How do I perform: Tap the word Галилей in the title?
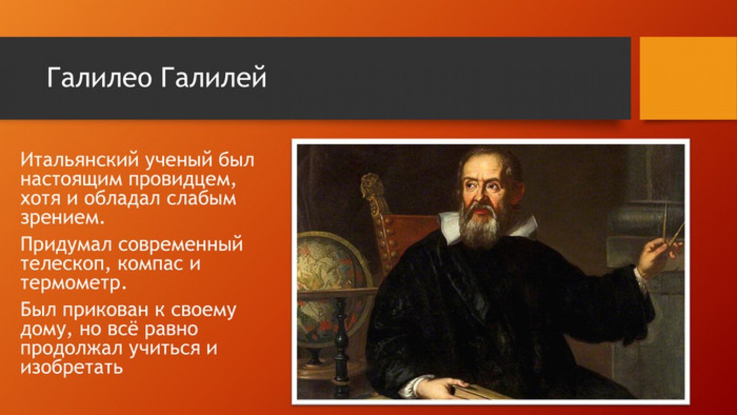click(214, 77)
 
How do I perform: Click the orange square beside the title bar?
click(688, 78)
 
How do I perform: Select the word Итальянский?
click(79, 160)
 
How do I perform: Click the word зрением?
click(63, 218)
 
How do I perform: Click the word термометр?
click(73, 283)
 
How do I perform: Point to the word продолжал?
click(71, 348)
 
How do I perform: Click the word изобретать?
click(71, 366)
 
